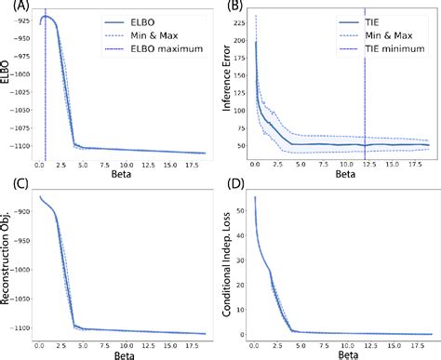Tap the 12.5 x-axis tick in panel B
[x=367, y=165]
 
